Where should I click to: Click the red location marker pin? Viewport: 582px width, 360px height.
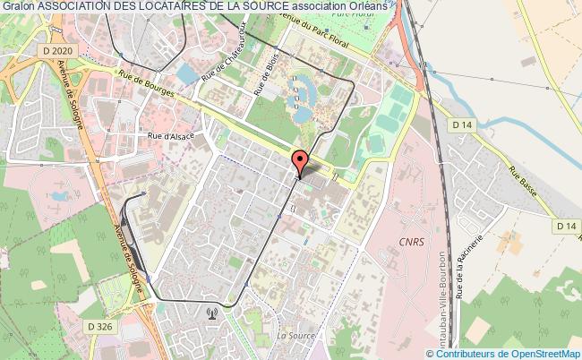coord(300,162)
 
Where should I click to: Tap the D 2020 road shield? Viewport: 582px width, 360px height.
coord(55,52)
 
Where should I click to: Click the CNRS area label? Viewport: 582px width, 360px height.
coord(411,243)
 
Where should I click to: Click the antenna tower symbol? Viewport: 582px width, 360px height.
coord(211,313)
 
